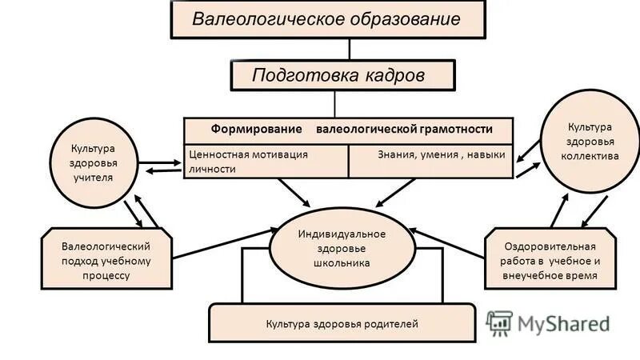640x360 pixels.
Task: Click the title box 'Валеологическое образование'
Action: pos(327,19)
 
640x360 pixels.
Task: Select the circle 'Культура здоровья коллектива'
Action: pos(590,142)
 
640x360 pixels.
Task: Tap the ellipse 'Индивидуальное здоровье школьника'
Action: pos(342,246)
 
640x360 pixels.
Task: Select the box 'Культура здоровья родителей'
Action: pos(342,324)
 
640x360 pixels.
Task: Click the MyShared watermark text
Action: pos(563,323)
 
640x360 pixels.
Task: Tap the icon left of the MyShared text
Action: pos(500,322)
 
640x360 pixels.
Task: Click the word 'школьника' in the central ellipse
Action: pos(342,262)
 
